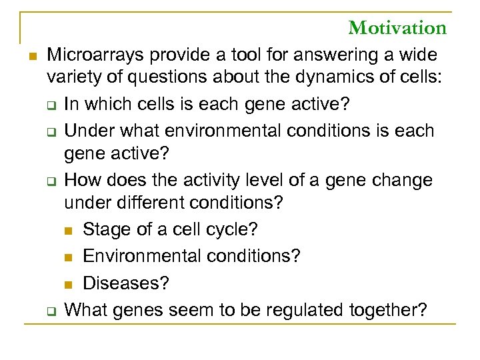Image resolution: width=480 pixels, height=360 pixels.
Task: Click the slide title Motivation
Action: tap(397, 28)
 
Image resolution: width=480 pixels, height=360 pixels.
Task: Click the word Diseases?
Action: tap(126, 283)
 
